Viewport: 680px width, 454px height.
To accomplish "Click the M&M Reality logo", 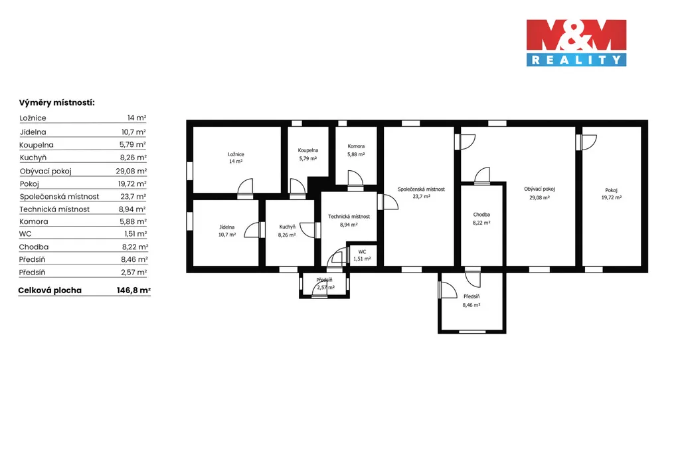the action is pos(576,43).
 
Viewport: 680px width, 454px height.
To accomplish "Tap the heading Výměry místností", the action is pos(57,103).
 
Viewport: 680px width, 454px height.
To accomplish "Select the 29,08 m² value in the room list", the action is pos(131,171).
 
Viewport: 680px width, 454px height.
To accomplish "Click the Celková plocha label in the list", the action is pos(50,290).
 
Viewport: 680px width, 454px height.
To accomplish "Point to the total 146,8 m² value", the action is pos(133,290).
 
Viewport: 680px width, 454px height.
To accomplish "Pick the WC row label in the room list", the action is pos(25,234).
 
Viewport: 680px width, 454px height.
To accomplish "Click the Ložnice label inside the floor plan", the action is pos(236,154).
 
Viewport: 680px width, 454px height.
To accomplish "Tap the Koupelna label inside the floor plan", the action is pos(308,150).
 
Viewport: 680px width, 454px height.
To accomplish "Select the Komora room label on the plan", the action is pos(356,146).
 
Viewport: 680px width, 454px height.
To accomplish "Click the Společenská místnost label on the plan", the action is pos(421,189).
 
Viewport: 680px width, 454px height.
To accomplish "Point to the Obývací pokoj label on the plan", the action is pos(539,189).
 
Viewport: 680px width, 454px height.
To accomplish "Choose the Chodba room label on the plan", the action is pos(481,215).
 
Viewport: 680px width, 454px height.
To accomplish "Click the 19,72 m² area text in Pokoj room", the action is pos(612,197).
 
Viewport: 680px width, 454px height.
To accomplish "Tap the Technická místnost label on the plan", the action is pos(349,217).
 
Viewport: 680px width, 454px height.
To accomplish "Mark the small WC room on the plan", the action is pos(362,255).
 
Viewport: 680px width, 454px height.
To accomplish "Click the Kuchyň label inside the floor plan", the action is pos(287,227).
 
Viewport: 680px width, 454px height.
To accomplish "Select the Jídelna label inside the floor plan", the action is pos(227,227).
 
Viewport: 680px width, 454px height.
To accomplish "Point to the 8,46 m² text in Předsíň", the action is pos(471,305).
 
